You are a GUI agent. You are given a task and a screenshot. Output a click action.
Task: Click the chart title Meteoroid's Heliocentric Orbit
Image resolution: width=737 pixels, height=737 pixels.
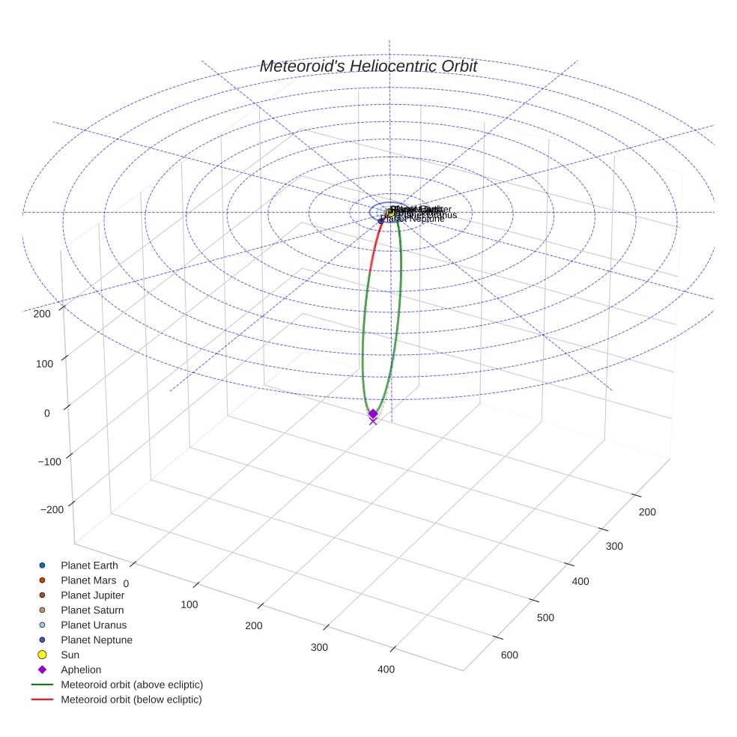(368, 67)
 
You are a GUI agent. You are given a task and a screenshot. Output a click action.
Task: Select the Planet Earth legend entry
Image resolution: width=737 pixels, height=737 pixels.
(89, 565)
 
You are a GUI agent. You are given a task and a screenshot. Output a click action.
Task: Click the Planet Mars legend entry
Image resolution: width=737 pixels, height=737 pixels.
(88, 580)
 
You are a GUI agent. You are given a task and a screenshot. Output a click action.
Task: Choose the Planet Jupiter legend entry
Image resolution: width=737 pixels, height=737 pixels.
(93, 595)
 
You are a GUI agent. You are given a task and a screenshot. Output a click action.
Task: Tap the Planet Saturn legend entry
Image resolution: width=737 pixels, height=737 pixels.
(92, 610)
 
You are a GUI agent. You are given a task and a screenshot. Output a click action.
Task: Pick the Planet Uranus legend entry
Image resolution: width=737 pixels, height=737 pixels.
(94, 625)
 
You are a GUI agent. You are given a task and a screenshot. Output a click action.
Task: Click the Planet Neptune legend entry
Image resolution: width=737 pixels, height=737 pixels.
(97, 640)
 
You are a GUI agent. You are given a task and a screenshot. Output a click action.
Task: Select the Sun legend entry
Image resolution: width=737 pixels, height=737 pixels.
(70, 655)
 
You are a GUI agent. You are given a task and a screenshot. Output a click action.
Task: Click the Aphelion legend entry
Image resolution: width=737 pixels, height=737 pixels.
(81, 670)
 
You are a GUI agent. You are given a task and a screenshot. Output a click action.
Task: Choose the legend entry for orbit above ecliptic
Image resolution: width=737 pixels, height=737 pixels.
(132, 685)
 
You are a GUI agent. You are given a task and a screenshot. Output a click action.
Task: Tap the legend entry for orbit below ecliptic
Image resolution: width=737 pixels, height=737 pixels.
(131, 700)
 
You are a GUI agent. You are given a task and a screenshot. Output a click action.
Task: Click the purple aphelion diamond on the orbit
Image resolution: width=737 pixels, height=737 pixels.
(373, 413)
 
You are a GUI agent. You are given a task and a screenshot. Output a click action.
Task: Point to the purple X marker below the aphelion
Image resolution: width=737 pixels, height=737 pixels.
(373, 421)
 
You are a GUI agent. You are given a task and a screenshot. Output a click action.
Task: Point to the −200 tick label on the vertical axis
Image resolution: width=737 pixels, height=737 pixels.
(52, 510)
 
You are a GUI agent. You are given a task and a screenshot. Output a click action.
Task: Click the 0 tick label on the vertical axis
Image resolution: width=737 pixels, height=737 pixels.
(47, 413)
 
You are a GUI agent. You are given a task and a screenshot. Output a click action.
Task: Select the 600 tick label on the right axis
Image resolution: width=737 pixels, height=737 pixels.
(509, 655)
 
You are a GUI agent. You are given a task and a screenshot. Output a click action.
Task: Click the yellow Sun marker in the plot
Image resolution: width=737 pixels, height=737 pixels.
(390, 213)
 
